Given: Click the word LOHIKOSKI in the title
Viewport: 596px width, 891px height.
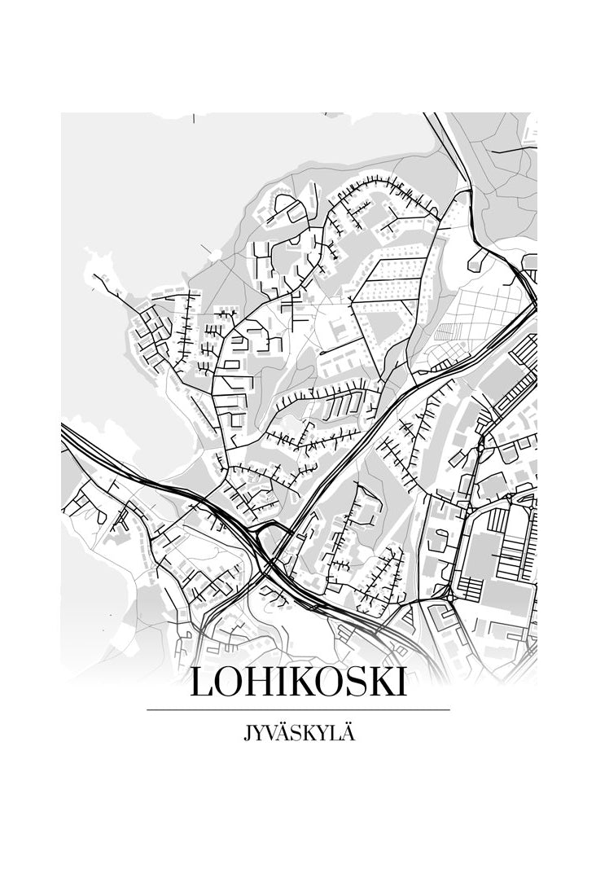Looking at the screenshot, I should (x=297, y=683).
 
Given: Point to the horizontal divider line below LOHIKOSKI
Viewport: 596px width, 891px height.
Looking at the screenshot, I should (x=297, y=710).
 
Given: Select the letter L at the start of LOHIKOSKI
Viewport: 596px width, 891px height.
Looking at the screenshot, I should (x=199, y=683).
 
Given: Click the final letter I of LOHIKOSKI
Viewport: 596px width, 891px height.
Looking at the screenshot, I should (x=401, y=683).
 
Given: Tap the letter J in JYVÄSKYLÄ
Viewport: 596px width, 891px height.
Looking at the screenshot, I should (x=247, y=733).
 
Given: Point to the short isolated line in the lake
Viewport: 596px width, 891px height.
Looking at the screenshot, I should (x=193, y=119).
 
